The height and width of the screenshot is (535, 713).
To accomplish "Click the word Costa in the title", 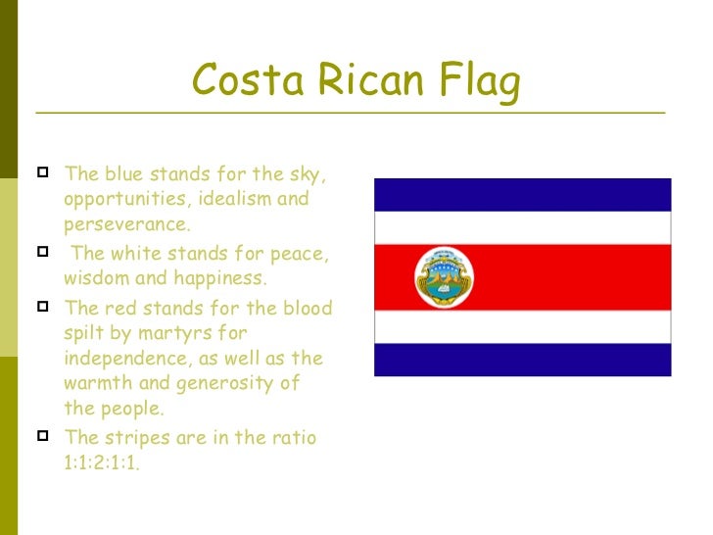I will (234, 81).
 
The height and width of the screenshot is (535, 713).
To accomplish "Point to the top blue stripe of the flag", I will (522, 195).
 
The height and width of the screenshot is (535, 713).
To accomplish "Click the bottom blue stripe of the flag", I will (522, 360).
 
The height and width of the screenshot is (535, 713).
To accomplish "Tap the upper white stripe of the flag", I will (522, 228).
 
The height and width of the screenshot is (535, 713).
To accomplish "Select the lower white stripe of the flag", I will (522, 326).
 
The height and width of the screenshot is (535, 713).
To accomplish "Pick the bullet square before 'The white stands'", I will (42, 253).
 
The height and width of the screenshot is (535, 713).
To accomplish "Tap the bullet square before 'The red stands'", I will (42, 307).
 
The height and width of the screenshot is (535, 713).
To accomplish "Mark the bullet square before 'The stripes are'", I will (42, 436).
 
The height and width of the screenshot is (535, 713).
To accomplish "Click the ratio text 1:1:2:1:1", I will (102, 463).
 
